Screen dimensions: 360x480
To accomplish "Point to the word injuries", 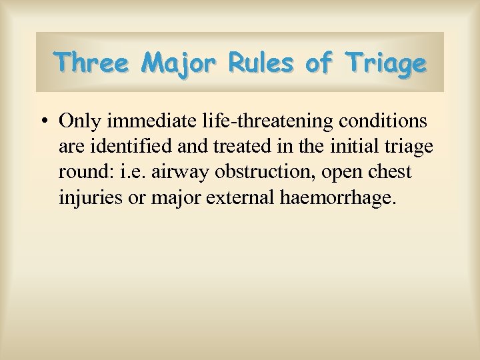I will tap(86, 197).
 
